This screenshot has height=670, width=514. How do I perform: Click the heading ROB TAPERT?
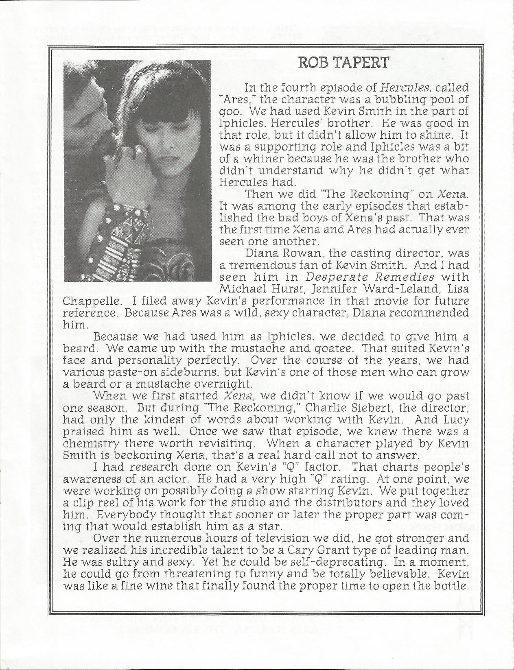pos(343,63)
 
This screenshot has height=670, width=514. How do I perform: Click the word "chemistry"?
pos(89,443)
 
